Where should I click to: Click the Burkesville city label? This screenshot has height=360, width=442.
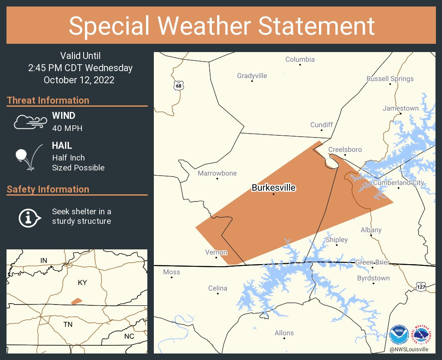(x=273, y=188)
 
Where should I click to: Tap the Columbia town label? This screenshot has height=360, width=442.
(x=300, y=59)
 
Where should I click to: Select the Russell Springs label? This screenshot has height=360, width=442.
(x=390, y=79)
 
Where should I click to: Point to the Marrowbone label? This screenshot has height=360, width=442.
(x=217, y=173)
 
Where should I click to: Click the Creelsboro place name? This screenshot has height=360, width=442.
(x=345, y=150)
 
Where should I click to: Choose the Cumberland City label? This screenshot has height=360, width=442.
(x=398, y=183)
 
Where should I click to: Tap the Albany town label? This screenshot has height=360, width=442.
(x=371, y=230)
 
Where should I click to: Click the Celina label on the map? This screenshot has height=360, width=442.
(x=218, y=288)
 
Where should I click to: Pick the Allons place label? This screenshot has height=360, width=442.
(x=284, y=333)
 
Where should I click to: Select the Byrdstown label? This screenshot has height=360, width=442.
(x=373, y=278)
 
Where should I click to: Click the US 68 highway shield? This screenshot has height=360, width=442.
(x=179, y=85)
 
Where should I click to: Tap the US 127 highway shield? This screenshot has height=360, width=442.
(x=421, y=287)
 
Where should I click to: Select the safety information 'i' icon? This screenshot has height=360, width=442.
(x=29, y=217)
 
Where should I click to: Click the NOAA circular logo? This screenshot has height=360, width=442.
(x=399, y=335)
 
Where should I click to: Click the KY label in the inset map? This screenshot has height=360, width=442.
(x=82, y=283)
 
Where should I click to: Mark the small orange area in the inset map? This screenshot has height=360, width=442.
(x=77, y=301)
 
